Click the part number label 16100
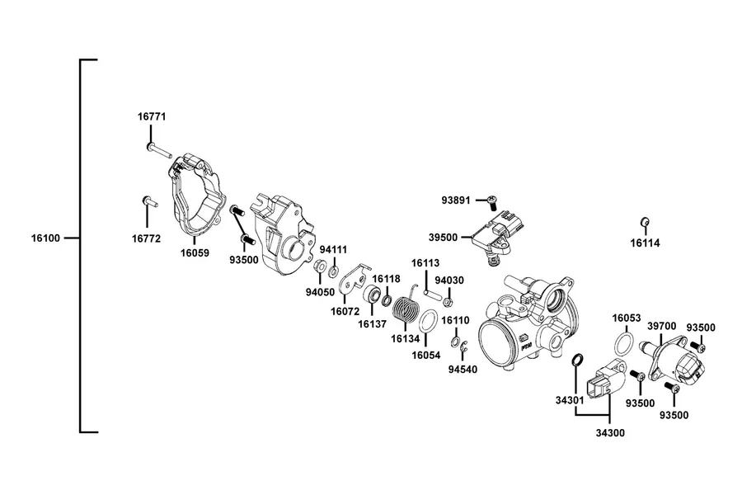point(46,238)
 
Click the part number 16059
point(195,253)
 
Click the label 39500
point(444,238)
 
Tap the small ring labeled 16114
point(644,222)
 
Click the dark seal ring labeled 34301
point(577,360)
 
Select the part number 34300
point(610,433)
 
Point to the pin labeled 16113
point(433,295)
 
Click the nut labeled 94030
point(449,302)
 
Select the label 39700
point(661,326)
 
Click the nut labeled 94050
point(320,266)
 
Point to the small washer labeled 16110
point(455,342)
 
